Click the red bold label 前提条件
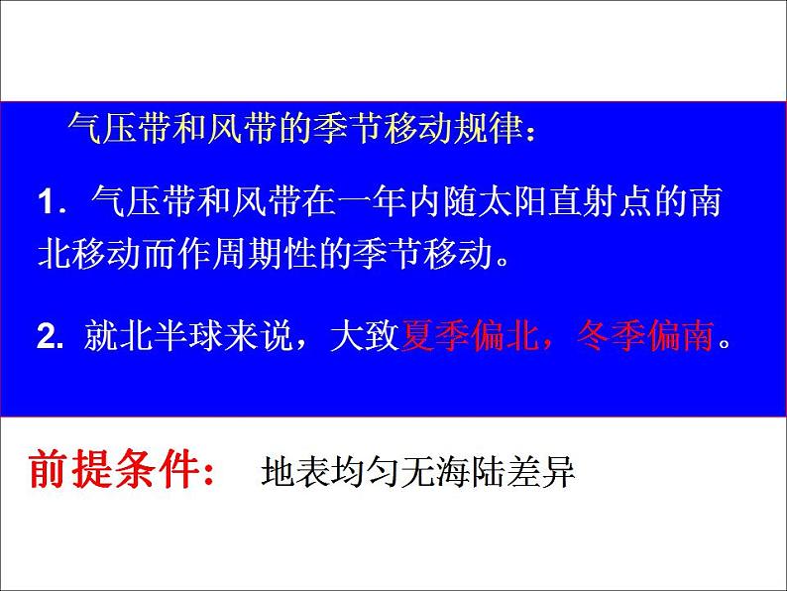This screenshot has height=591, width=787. [x=109, y=468]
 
